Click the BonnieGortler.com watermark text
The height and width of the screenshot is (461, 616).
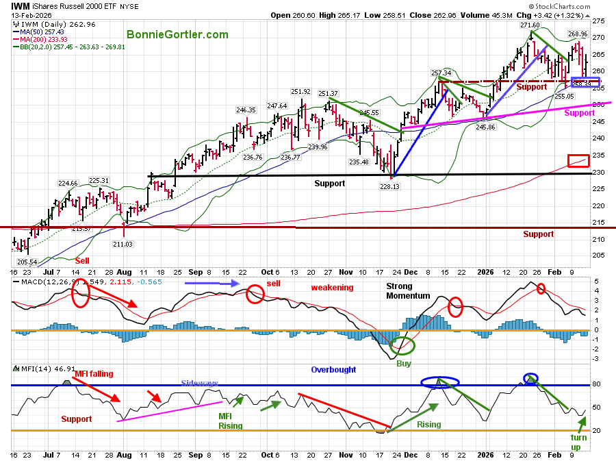(x=177, y=34)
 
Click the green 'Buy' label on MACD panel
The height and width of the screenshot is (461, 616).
(x=403, y=364)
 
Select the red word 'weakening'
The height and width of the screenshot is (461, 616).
(x=333, y=288)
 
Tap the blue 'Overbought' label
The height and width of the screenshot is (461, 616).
(x=333, y=370)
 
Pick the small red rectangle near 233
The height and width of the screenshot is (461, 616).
(x=578, y=161)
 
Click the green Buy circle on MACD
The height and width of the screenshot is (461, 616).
(x=402, y=346)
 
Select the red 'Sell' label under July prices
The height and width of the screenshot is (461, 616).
(x=81, y=260)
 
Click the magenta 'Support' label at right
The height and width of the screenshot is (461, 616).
(x=578, y=113)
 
